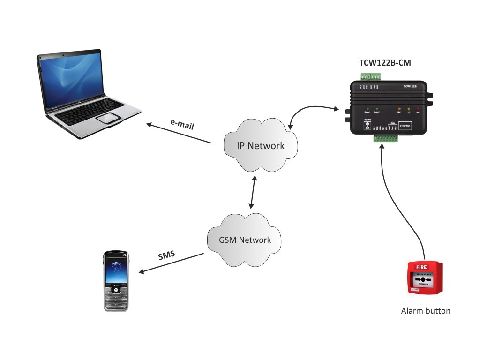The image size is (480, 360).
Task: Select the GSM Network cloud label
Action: [x=245, y=240]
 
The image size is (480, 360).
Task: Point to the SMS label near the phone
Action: [x=166, y=256]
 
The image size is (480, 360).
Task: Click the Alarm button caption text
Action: [x=426, y=311]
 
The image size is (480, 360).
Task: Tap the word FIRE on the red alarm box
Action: [x=417, y=267]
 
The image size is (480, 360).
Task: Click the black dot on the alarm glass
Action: [x=423, y=279]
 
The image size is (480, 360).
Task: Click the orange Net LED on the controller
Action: [x=399, y=108]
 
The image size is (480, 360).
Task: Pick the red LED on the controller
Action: [x=418, y=108]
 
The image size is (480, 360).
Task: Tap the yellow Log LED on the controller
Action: [x=408, y=108]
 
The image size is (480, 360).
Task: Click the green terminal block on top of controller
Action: [x=370, y=76]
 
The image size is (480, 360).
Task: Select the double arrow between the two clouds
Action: [x=253, y=193]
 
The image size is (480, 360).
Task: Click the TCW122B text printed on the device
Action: [x=410, y=87]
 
